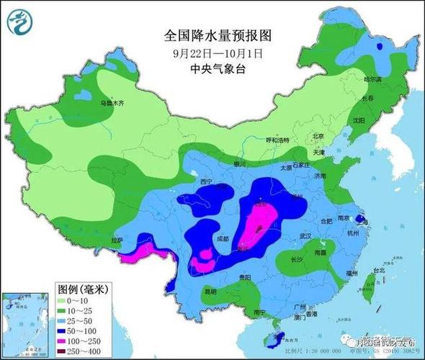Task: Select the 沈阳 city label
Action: point(359,120)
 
